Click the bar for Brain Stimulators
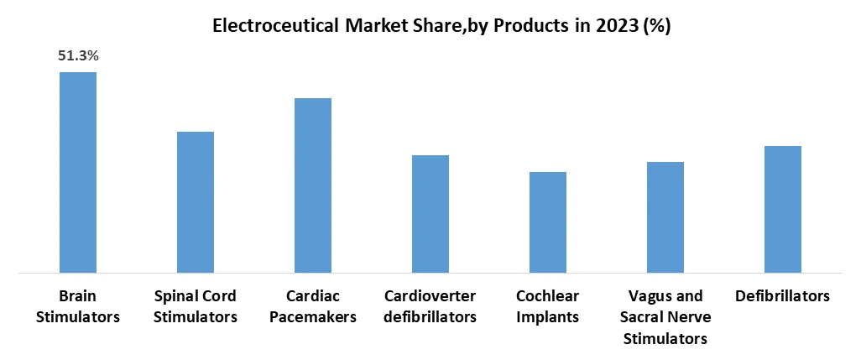pyautogui.click(x=77, y=172)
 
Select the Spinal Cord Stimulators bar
pyautogui.click(x=195, y=202)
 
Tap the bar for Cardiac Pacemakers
pyautogui.click(x=312, y=185)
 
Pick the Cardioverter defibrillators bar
pyautogui.click(x=430, y=214)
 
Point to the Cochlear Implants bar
pyautogui.click(x=547, y=222)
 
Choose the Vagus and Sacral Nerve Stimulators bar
pyautogui.click(x=665, y=217)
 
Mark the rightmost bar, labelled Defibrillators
pyautogui.click(x=782, y=209)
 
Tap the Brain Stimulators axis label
pyautogui.click(x=77, y=306)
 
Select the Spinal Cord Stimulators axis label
pyautogui.click(x=196, y=306)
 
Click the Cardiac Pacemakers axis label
pyautogui.click(x=312, y=306)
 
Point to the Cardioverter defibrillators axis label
pyautogui.click(x=430, y=306)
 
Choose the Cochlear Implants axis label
pyautogui.click(x=547, y=306)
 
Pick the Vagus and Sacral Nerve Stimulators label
pyautogui.click(x=665, y=317)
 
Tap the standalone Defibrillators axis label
pyautogui.click(x=782, y=296)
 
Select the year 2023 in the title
pyautogui.click(x=616, y=26)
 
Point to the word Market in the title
pyautogui.click(x=371, y=26)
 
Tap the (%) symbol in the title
pyautogui.click(x=657, y=26)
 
